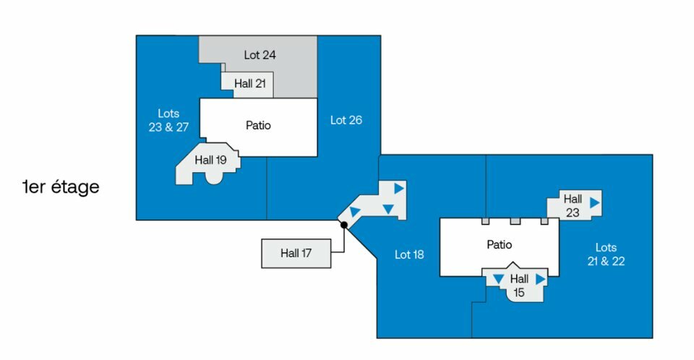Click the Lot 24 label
260,55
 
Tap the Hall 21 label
250,84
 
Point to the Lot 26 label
346,120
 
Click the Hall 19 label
211,160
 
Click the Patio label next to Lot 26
258,125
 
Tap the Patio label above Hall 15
499,245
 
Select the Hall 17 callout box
296,254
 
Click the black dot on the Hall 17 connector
344,225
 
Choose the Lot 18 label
409,254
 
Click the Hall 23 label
573,205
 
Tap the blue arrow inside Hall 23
594,202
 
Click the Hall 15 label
519,285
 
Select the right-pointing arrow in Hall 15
540,278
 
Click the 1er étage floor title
61,187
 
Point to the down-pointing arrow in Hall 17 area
388,209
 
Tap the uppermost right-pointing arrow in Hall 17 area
398,188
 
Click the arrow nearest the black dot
355,212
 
